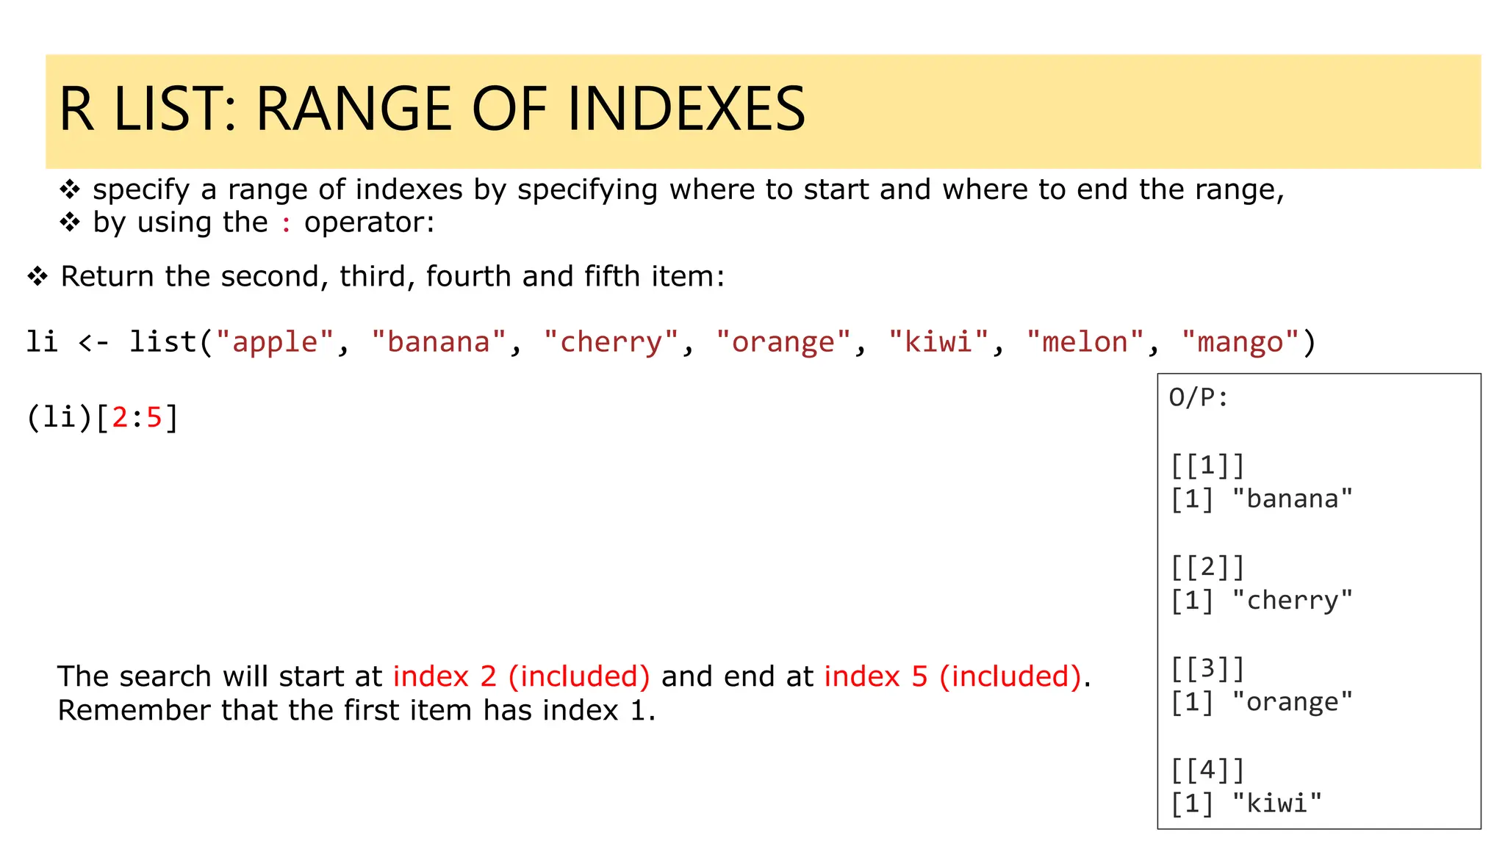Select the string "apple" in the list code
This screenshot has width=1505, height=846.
[x=275, y=342]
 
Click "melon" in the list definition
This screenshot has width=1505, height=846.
[x=1085, y=342]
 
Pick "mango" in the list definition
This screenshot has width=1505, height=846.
[x=1240, y=342]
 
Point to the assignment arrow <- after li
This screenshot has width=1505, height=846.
[x=93, y=342]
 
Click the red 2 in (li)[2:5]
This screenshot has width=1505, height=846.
[x=120, y=418]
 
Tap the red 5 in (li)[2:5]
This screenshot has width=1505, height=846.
[x=154, y=418]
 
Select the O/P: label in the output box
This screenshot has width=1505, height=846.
[x=1199, y=398]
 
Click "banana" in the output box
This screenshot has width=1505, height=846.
[x=1293, y=499]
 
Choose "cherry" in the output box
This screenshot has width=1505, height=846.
[x=1293, y=601]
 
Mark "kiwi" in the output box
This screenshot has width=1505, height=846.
[x=1277, y=803]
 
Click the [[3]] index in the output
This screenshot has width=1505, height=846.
[x=1207, y=669]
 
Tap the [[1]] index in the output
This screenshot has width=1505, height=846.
[x=1207, y=466]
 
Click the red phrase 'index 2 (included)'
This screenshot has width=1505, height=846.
[x=521, y=676]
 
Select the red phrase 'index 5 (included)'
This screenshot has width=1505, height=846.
[x=953, y=676]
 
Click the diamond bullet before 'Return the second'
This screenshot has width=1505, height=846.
[x=37, y=277]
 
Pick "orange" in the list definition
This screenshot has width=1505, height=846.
[x=783, y=342]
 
